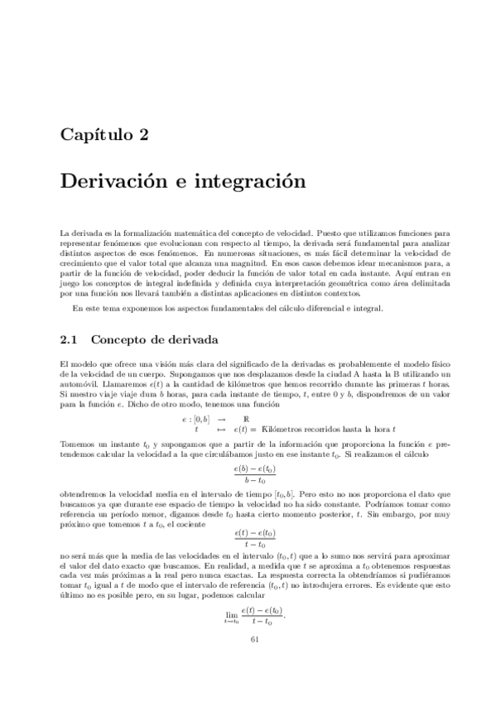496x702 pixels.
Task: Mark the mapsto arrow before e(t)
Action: click(x=222, y=430)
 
